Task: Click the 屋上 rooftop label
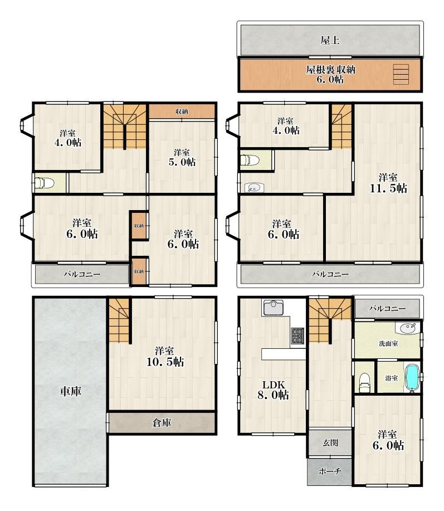pyautogui.click(x=330, y=41)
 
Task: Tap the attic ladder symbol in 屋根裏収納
pyautogui.click(x=401, y=74)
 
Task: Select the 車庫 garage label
pyautogui.click(x=70, y=391)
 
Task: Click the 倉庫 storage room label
pyautogui.click(x=162, y=423)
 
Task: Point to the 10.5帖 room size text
pyautogui.click(x=165, y=362)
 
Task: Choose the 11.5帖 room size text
pyautogui.click(x=388, y=188)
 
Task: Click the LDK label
pyautogui.click(x=274, y=385)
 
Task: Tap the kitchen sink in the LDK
pyautogui.click(x=273, y=308)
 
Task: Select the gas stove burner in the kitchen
pyautogui.click(x=297, y=335)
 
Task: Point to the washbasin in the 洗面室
pyautogui.click(x=408, y=328)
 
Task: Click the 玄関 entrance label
pyautogui.click(x=330, y=443)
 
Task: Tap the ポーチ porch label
pyautogui.click(x=330, y=471)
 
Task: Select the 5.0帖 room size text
pyautogui.click(x=182, y=162)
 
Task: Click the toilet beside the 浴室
pyautogui.click(x=364, y=383)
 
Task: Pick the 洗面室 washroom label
pyautogui.click(x=389, y=343)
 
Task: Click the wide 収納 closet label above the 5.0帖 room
pyautogui.click(x=182, y=111)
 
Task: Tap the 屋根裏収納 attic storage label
pyautogui.click(x=330, y=70)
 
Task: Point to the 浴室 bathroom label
pyautogui.click(x=391, y=378)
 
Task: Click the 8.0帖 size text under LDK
pyautogui.click(x=273, y=395)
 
